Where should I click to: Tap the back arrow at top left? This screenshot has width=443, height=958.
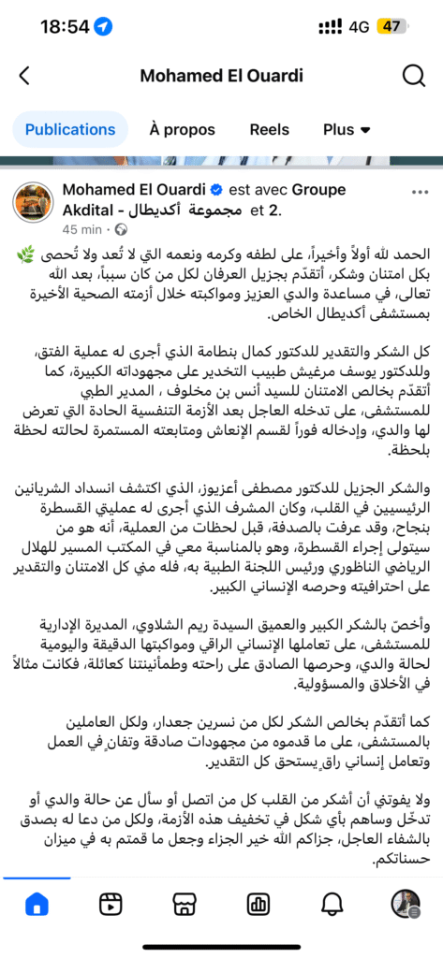click(24, 77)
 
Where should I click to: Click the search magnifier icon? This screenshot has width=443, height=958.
click(413, 77)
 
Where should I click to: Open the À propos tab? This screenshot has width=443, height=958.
click(182, 129)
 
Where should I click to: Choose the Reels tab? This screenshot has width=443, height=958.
click(269, 129)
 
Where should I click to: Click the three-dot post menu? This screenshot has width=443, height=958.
click(413, 191)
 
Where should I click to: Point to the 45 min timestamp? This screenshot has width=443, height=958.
click(81, 229)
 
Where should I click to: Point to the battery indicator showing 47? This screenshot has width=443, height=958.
click(390, 27)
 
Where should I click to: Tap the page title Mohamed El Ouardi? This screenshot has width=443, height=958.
click(221, 77)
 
